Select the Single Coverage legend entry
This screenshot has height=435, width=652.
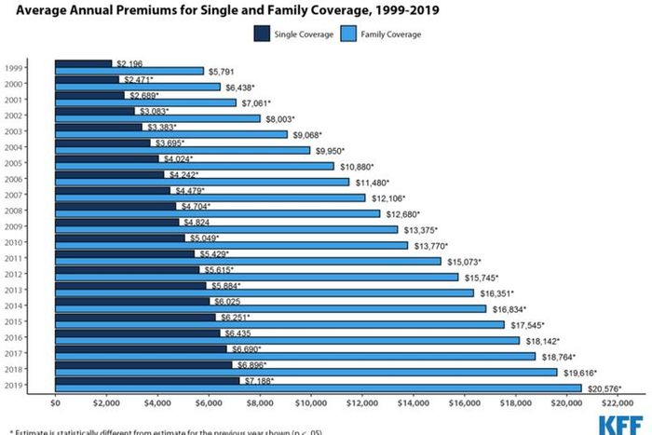289,34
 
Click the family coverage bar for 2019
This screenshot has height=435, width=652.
318,387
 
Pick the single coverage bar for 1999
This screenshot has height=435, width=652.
83,63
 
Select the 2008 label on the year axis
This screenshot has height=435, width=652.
13,211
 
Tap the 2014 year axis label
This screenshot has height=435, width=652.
13,306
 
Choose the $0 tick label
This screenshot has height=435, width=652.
55,404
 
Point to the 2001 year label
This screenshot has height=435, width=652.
13,100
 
